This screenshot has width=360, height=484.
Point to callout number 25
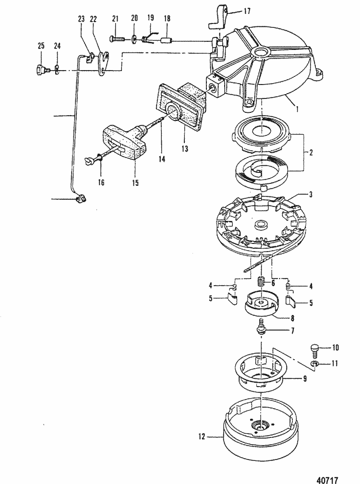click(41, 46)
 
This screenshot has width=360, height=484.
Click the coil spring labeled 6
click(262, 282)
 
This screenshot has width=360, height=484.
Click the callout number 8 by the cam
click(292, 317)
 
